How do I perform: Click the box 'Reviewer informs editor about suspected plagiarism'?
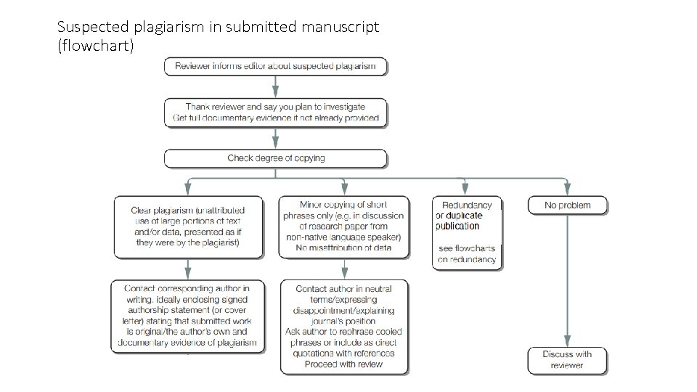[x=275, y=66]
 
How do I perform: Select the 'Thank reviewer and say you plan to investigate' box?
[x=275, y=113]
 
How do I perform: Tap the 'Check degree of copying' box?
[x=275, y=158]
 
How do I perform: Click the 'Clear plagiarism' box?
[x=188, y=226]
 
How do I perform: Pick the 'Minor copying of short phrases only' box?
[x=344, y=226]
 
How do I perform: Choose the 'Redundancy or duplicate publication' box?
[x=467, y=232]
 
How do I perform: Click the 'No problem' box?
[x=567, y=205]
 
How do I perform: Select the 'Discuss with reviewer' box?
[x=567, y=360]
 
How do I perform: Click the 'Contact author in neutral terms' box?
[x=344, y=327]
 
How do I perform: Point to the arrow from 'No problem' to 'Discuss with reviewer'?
[x=567, y=283]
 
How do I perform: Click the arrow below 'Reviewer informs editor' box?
[x=275, y=86]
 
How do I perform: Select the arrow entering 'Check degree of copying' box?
[x=275, y=139]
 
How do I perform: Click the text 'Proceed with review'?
[x=344, y=364]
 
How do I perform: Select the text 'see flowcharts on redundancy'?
[x=467, y=253]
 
